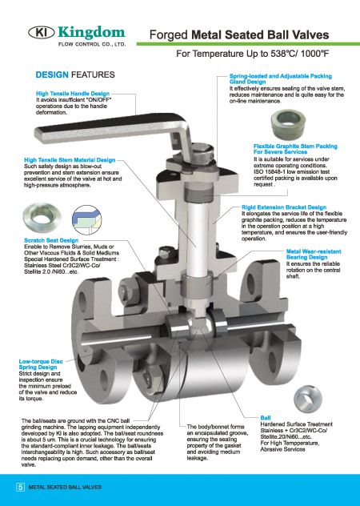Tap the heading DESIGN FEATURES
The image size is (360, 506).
[x=74, y=74]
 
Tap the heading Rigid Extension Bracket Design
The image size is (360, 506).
[x=283, y=207]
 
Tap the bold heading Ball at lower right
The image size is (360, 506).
[x=267, y=417]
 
